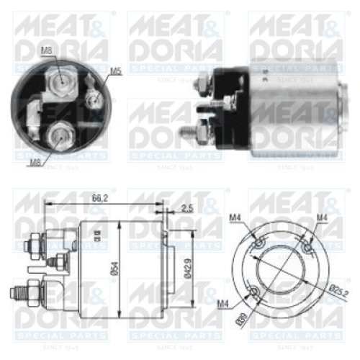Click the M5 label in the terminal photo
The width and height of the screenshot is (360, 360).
[x=116, y=71]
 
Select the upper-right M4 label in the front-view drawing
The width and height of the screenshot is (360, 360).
[x=322, y=217]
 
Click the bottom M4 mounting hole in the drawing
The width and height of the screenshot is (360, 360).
[x=256, y=292]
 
